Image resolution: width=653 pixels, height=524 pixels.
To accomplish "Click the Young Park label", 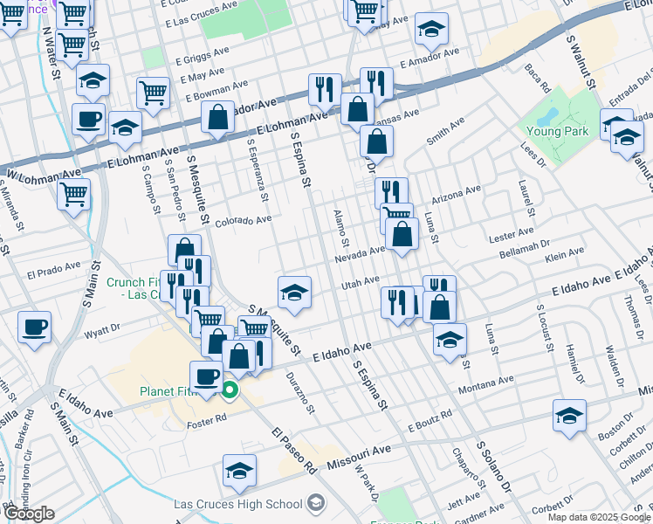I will [x=558, y=131].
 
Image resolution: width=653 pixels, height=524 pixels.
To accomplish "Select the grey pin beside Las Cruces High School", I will [x=315, y=504].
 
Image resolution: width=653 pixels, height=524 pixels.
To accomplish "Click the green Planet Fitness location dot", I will [x=230, y=390].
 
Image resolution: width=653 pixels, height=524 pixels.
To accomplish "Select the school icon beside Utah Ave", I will [x=295, y=292].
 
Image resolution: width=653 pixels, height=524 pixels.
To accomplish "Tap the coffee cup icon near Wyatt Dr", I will [x=34, y=327].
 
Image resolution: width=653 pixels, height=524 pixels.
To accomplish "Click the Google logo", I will [x=30, y=514].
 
